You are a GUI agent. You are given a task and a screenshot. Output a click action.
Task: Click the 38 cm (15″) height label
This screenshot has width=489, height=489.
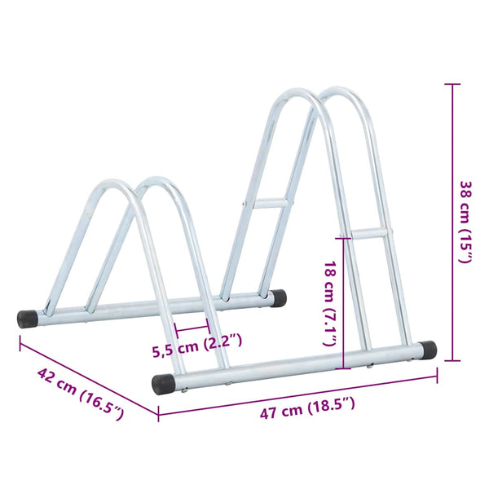coord(466,222)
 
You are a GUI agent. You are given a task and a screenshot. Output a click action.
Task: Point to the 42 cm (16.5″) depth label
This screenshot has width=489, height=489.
coord(81,394)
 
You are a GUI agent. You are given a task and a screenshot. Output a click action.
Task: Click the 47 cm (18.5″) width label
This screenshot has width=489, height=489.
coord(307,407)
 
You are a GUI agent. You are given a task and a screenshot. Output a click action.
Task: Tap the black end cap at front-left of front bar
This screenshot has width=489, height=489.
coord(163,384)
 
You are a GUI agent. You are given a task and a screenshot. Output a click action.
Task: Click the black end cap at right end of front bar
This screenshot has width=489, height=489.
coord(428,350)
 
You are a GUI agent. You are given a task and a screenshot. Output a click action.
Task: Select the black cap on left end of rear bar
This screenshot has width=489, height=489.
coord(27,319)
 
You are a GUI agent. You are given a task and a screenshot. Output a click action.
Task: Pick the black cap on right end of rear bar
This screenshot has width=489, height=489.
coord(278,297)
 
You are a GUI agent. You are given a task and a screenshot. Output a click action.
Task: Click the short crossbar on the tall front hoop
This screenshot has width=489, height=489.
coord(368,234)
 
